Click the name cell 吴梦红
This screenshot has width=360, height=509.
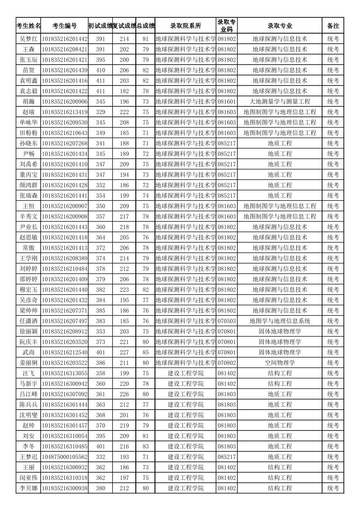[29, 39]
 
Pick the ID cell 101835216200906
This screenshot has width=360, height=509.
[64, 101]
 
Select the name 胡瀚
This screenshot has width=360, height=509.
[29, 101]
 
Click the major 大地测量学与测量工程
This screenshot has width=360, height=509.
[279, 101]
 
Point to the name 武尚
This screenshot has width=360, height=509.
[29, 352]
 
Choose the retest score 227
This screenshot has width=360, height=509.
[124, 352]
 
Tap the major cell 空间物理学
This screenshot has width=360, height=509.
[279, 363]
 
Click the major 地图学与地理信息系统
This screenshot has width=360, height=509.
[279, 321]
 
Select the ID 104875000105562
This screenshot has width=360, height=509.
[64, 457]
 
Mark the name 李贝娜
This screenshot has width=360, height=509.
[29, 488]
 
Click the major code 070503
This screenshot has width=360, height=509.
[227, 321]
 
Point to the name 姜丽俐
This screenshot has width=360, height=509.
[29, 363]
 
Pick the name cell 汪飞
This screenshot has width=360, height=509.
[29, 373]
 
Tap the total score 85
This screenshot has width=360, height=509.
[145, 352]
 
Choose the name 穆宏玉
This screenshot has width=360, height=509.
[29, 290]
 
